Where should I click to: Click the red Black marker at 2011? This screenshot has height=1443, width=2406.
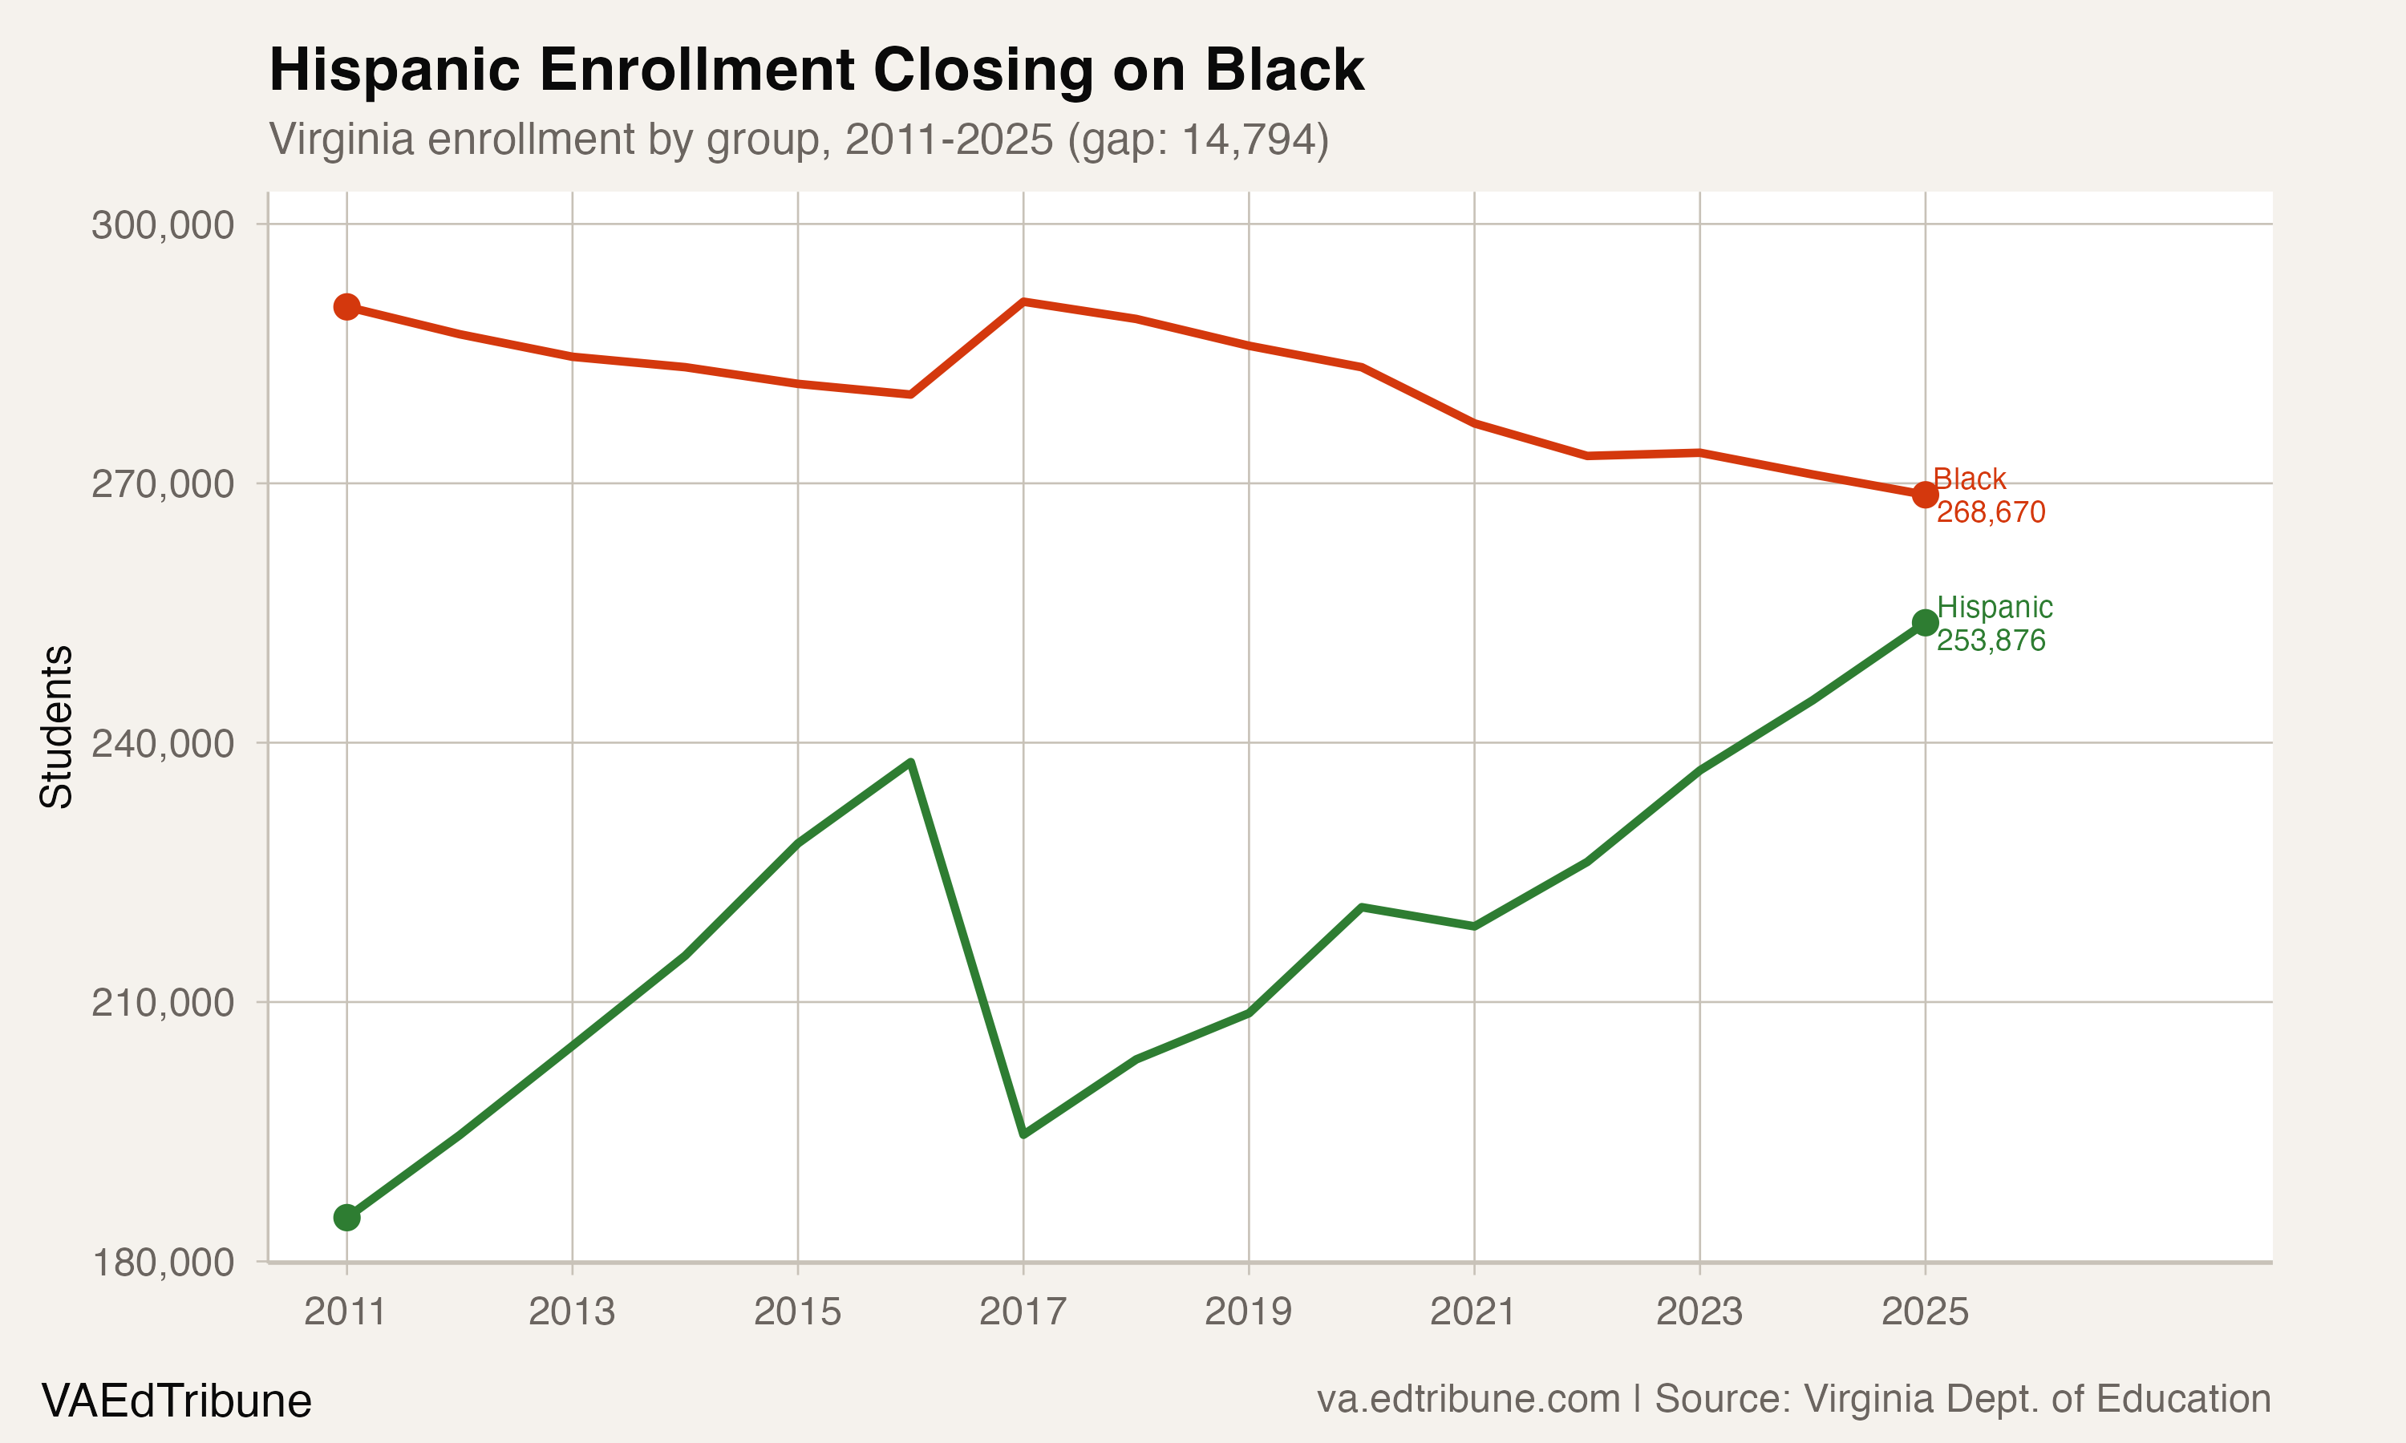point(346,306)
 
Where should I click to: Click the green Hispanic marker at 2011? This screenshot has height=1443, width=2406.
point(346,1218)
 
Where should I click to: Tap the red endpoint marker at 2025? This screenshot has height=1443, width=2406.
point(1925,494)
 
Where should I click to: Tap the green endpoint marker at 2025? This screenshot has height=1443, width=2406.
point(1925,622)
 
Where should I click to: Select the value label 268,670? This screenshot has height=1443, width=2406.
point(1991,512)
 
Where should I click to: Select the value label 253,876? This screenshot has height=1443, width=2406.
point(1991,641)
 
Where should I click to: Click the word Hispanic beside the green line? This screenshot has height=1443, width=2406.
point(1995,607)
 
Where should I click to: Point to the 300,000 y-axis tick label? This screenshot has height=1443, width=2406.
point(163,224)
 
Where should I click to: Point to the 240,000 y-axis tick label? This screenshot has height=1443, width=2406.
point(163,744)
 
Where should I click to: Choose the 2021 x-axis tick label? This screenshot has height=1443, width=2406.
point(1473,1312)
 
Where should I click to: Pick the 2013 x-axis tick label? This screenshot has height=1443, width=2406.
point(572,1312)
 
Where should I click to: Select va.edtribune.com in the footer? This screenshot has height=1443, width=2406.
point(1468,1399)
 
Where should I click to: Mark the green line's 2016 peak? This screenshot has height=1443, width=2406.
point(909,762)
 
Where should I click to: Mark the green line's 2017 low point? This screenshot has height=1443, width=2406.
point(1023,1134)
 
